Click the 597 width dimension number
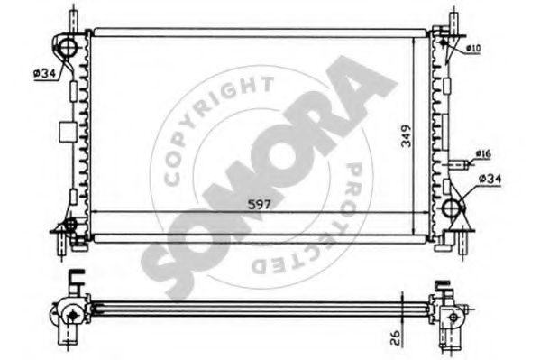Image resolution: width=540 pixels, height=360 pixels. coord(260,205)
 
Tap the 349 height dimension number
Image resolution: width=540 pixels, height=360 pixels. coord(407,136)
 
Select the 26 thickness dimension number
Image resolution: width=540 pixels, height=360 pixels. coord(396,337)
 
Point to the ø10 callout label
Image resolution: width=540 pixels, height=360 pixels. coord(473,49)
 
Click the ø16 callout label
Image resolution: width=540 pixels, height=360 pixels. coord(483,153)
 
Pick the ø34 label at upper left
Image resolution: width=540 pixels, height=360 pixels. coord(44,73)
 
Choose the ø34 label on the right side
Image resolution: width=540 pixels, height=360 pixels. coord(490,179)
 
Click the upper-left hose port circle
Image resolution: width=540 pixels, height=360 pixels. coord(68,47)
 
